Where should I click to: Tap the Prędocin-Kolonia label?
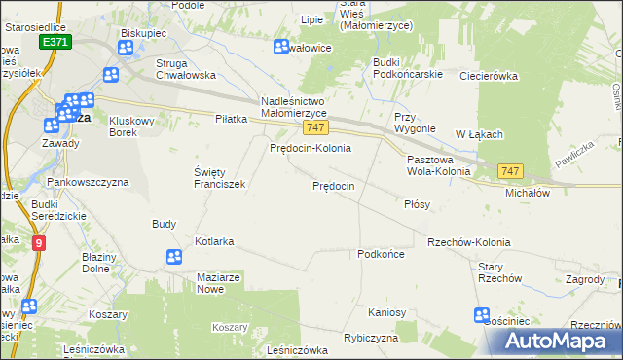pos(310,148)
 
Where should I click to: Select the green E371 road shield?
pos(55,44)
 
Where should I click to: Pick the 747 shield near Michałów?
pos(509,171)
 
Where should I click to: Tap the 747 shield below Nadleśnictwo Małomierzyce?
pos(313,127)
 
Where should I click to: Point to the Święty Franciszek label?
pos(219,177)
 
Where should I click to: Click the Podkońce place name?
pos(381,253)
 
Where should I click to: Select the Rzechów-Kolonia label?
pos(468,241)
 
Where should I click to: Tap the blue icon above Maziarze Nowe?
pos(173,257)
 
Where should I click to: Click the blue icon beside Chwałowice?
pos(282,47)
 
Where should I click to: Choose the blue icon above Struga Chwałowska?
pos(111,75)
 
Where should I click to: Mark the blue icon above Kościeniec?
pos(481,315)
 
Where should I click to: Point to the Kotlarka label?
pos(215,240)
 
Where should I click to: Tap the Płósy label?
pos(417,205)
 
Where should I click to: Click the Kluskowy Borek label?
pos(134,126)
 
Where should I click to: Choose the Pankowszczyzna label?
pos(88,182)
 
